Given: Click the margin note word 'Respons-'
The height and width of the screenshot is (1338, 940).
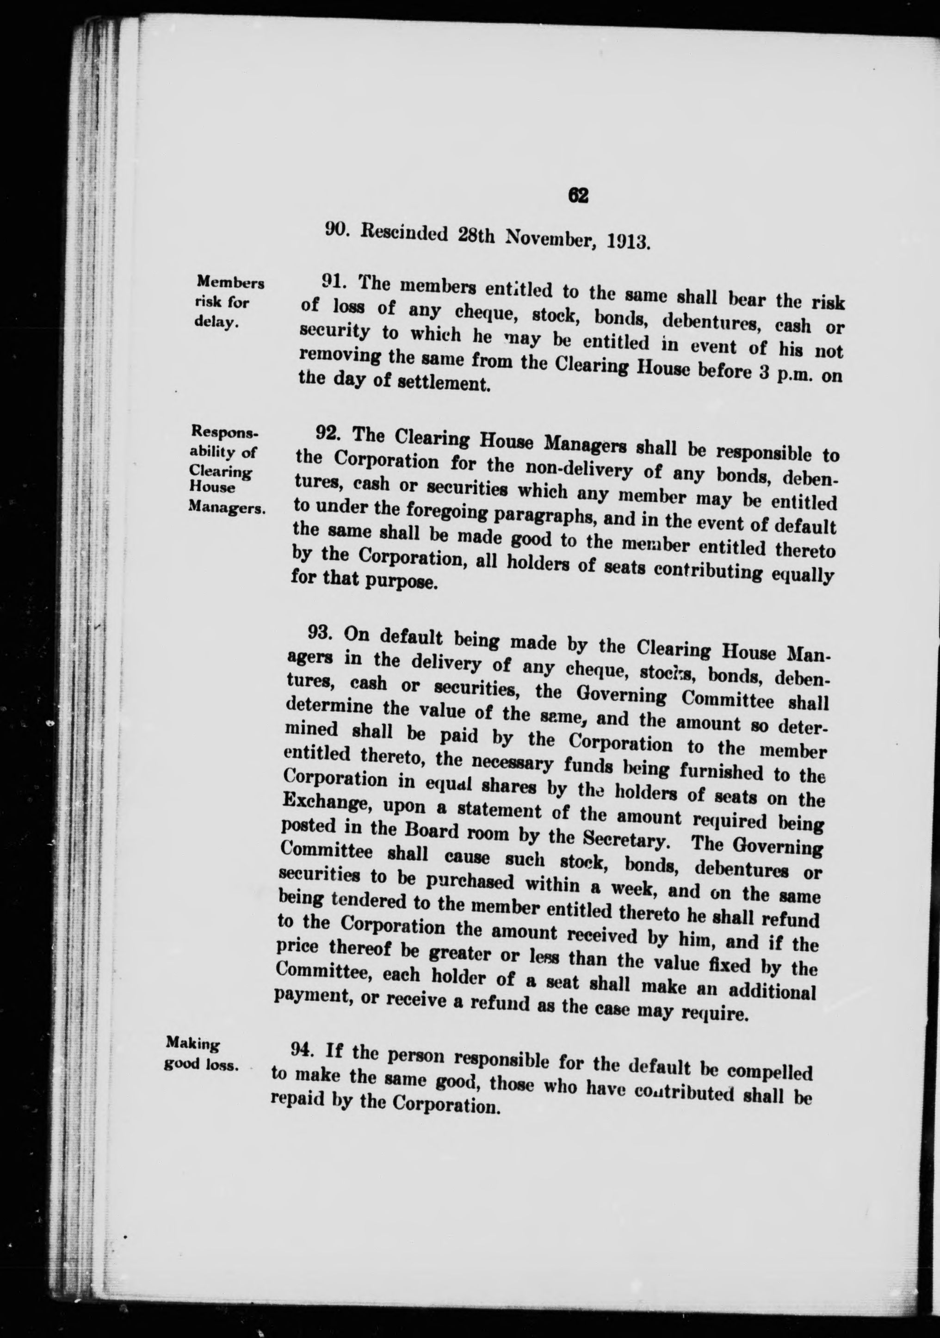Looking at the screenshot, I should pos(224,433).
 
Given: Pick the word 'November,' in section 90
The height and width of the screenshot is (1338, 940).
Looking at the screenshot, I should pos(549,238).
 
